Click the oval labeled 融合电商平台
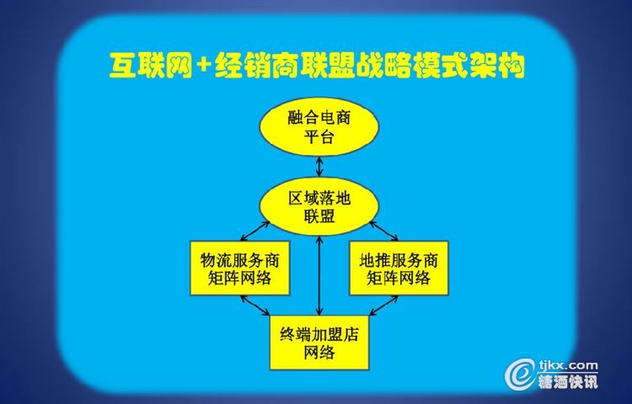click(x=319, y=127)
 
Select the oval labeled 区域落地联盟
click(x=319, y=206)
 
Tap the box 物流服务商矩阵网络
click(x=240, y=268)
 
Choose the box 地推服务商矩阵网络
click(x=399, y=268)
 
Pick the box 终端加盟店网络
click(x=319, y=343)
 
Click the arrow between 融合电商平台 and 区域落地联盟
click(x=319, y=167)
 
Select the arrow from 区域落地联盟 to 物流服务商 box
click(x=254, y=231)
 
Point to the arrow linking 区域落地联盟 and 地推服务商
click(x=383, y=231)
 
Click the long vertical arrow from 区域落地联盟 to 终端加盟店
click(x=319, y=275)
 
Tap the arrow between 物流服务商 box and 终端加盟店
click(x=254, y=305)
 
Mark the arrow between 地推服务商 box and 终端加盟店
click(x=383, y=305)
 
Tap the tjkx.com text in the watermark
click(x=568, y=365)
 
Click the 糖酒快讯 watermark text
click(x=568, y=381)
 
